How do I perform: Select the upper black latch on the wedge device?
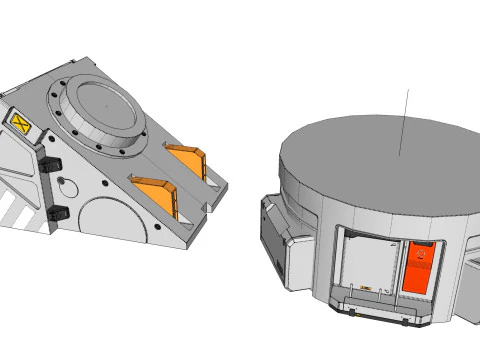tap(51, 162)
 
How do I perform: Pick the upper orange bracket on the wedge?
tap(187, 160)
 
